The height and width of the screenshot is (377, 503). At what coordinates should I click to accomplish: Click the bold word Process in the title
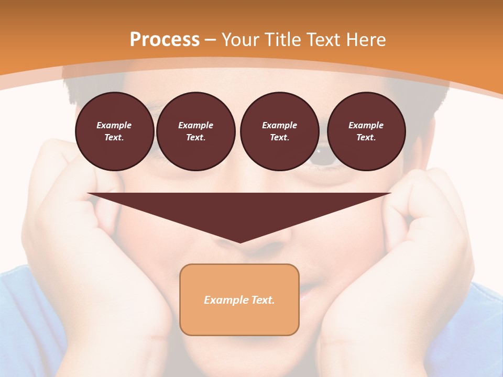coord(165,39)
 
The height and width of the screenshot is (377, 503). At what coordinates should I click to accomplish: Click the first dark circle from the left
coord(115,131)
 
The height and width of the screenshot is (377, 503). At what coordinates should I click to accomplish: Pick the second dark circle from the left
coord(196,131)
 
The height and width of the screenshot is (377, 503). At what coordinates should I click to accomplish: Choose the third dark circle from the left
coord(279,131)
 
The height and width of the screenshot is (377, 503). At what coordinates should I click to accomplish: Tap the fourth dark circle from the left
coord(366,131)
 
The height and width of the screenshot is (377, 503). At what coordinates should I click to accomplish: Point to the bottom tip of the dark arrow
coord(240,242)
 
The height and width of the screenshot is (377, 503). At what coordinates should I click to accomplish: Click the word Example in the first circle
coord(114,125)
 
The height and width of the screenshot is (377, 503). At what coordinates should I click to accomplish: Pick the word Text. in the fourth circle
coord(366,137)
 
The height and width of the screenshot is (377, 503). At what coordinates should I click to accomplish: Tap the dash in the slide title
coord(210,40)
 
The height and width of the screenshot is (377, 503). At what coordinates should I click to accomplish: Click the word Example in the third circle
coord(279,125)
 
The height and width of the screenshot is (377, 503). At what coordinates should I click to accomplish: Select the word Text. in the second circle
coord(196,137)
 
